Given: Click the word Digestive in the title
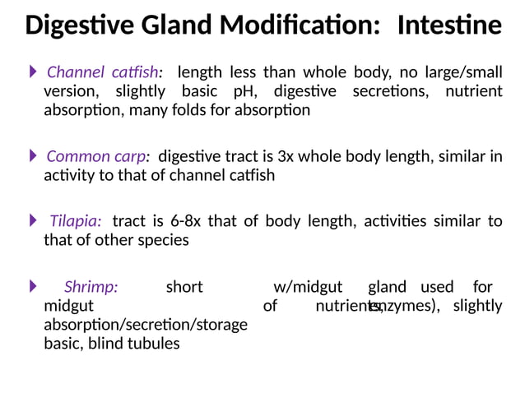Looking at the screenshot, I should (72, 26).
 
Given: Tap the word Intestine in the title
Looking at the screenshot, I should (448, 26).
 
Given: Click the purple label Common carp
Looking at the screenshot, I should (96, 156).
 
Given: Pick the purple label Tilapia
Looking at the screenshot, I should (76, 221).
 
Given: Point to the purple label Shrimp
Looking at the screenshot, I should (91, 287).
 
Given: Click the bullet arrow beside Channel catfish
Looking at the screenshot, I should (34, 72).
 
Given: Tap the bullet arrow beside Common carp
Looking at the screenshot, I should (34, 155).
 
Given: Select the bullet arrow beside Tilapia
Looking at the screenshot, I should (34, 220).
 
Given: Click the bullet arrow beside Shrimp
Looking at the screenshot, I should (34, 286).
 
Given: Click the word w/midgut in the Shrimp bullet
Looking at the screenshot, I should (307, 287).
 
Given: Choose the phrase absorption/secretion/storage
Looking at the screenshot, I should (146, 325).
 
